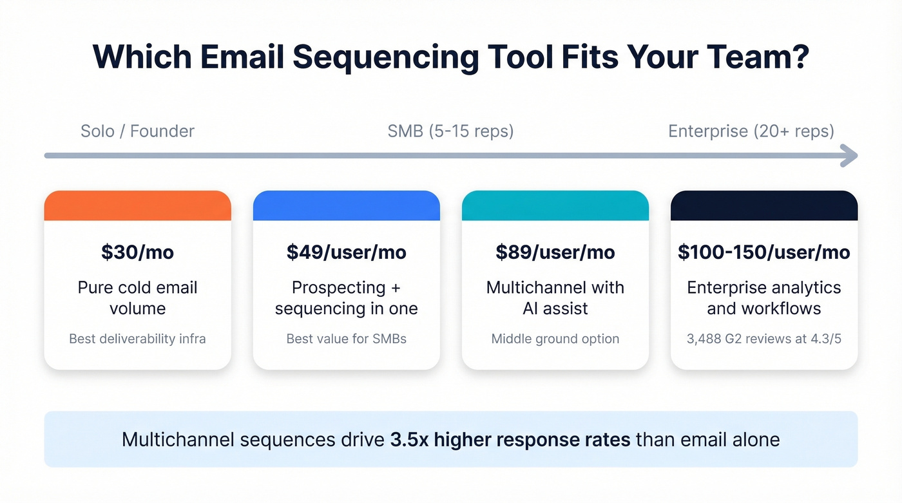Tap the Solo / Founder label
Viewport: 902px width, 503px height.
click(137, 131)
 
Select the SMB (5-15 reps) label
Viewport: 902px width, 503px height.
click(450, 131)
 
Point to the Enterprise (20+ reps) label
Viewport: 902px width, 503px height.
click(751, 131)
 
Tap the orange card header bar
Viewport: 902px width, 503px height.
click(137, 206)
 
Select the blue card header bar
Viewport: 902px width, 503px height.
click(346, 206)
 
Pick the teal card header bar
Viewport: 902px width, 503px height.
click(555, 206)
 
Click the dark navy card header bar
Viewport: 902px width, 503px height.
click(764, 206)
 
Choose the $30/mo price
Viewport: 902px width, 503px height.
click(137, 252)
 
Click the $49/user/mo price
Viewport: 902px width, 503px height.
click(346, 252)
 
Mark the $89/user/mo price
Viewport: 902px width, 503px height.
click(555, 252)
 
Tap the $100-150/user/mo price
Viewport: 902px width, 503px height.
click(764, 252)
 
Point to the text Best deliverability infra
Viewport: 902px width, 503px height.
click(137, 339)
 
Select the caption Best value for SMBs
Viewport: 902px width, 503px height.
click(346, 339)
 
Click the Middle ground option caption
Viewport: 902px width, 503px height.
click(555, 339)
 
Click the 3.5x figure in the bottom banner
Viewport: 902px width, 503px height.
click(410, 440)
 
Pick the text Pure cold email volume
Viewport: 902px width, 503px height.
click(137, 298)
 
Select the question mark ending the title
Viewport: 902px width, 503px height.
click(800, 57)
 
